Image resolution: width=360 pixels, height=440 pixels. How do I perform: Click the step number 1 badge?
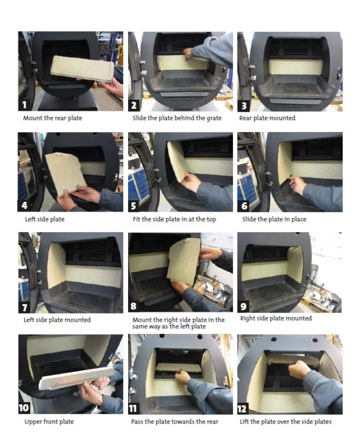click(24, 105)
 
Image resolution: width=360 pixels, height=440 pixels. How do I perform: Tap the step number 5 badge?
click(134, 206)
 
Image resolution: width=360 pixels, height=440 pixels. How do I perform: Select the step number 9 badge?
click(243, 306)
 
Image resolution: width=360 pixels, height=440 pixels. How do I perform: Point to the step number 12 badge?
click(242, 409)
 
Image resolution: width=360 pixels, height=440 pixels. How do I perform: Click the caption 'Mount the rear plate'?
click(53, 118)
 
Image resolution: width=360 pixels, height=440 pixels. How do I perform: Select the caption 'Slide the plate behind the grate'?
click(177, 118)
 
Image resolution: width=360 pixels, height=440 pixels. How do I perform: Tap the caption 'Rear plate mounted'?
click(267, 118)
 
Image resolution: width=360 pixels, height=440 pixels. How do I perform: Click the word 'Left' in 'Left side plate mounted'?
click(29, 320)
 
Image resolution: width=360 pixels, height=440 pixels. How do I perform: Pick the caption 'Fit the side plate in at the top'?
click(174, 219)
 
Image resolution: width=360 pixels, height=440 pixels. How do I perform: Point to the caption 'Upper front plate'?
click(49, 421)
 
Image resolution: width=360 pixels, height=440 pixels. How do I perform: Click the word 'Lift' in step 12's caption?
click(244, 421)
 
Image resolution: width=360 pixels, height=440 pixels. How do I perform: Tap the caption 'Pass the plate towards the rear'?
click(175, 421)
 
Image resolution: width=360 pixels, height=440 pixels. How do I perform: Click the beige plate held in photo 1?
click(82, 68)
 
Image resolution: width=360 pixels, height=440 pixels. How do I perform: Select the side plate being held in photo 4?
click(65, 173)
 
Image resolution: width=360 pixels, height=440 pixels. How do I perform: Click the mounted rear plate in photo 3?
click(296, 67)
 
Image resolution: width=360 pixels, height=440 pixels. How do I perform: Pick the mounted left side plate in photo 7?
click(57, 266)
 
